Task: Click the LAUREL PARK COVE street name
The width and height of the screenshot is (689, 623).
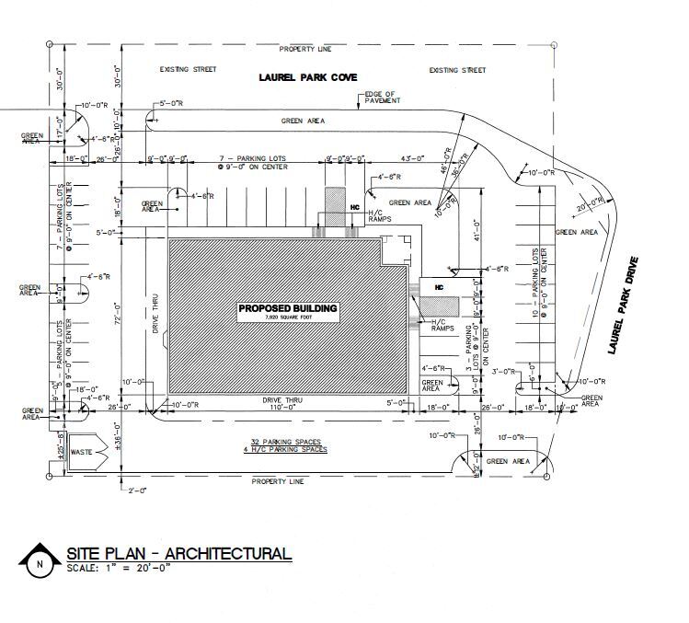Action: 307,78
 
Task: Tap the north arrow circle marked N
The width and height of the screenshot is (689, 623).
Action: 39,564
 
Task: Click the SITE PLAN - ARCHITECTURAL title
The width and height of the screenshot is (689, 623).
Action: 178,553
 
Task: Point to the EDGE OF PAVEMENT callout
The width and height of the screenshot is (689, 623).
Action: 379,98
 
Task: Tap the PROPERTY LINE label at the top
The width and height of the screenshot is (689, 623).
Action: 305,48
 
